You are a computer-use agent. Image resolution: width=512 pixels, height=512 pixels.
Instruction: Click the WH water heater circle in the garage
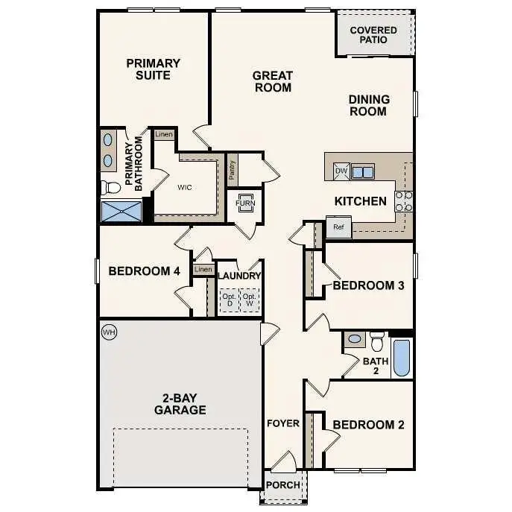[x=109, y=332]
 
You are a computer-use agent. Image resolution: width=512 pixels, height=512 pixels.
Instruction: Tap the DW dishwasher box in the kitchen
[x=341, y=171]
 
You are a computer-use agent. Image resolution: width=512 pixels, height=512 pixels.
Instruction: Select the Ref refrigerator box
[x=338, y=227]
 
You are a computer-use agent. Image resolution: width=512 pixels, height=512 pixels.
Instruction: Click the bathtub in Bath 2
[x=402, y=358]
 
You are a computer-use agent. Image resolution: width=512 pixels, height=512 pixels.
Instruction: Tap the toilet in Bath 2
[x=377, y=341]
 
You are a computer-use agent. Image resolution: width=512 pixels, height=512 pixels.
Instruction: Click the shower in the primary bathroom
[x=121, y=212]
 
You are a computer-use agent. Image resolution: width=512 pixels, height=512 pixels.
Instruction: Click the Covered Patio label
[x=373, y=35]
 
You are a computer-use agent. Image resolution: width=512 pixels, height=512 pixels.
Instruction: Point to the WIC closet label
[x=185, y=187]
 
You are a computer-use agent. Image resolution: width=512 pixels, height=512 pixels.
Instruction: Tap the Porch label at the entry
[x=283, y=485]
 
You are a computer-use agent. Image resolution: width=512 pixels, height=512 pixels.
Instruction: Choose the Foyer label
[x=283, y=423]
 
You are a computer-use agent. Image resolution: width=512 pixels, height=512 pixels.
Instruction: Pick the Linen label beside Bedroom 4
[x=203, y=270]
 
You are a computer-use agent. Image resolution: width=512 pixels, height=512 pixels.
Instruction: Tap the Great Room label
[x=272, y=81]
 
